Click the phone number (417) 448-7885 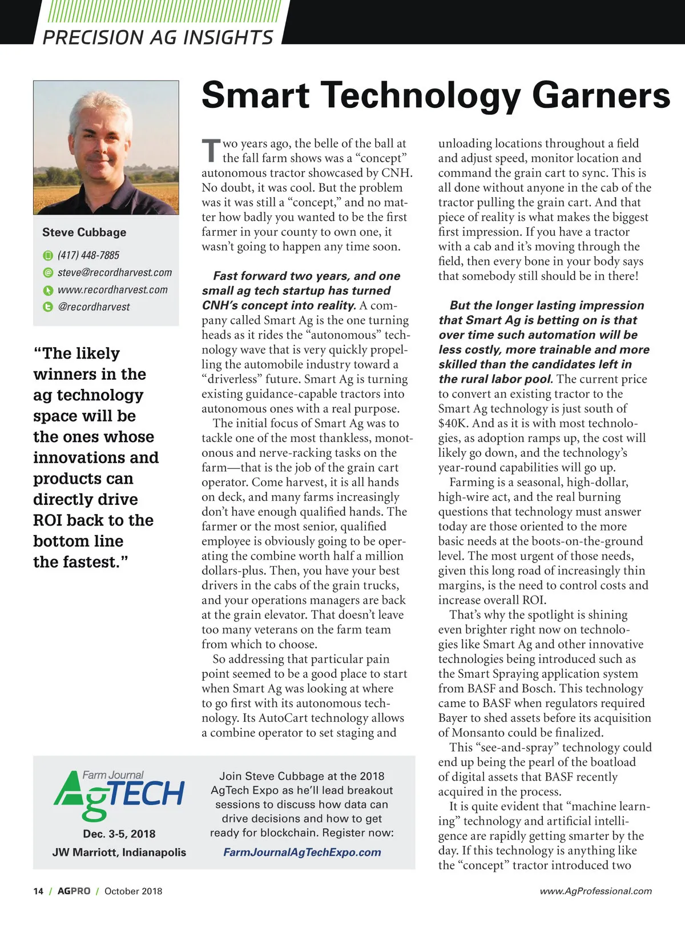click(88, 255)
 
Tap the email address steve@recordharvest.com click(114, 272)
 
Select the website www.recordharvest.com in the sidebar click(112, 290)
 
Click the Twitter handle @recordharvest click(94, 307)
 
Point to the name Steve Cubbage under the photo click(84, 232)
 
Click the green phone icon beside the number click(49, 255)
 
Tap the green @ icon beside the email click(49, 273)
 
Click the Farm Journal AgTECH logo click(119, 794)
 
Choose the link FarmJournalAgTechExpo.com click(302, 852)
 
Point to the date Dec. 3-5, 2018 click(119, 834)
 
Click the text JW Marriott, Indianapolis click(119, 852)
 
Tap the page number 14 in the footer click(38, 891)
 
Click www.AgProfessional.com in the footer click(595, 891)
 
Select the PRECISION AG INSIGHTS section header click(158, 38)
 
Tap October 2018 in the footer click(133, 891)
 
